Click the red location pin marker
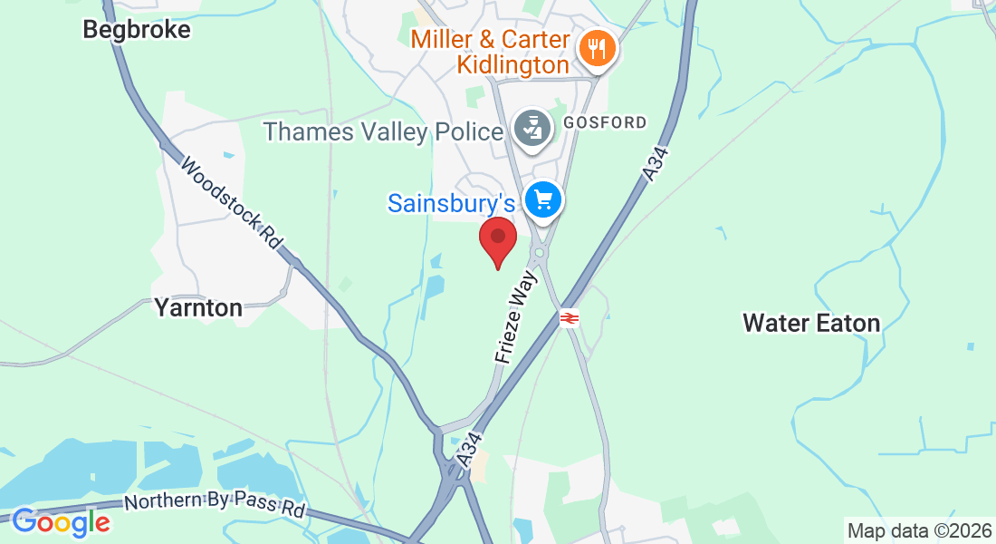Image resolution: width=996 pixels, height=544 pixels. (497, 239)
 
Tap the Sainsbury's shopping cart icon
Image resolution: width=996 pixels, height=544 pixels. (543, 199)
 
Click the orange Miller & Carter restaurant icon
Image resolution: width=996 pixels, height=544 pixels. (596, 47)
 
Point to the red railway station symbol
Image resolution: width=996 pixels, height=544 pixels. (570, 318)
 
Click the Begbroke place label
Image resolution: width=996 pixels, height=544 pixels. (137, 30)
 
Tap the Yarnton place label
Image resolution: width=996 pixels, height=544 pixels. (198, 308)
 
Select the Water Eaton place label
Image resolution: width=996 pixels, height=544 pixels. (811, 323)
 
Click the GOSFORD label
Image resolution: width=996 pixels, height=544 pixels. (605, 122)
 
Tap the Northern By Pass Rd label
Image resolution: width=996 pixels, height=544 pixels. (215, 503)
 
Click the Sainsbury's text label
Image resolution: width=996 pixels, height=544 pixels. (452, 203)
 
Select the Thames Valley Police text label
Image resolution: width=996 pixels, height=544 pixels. (382, 132)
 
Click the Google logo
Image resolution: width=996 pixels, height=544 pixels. (61, 521)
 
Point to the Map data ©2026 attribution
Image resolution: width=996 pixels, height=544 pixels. (919, 529)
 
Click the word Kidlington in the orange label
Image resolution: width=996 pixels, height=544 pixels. (512, 65)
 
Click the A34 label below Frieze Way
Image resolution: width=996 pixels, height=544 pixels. (468, 452)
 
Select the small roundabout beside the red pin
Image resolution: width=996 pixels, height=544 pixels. (541, 253)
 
